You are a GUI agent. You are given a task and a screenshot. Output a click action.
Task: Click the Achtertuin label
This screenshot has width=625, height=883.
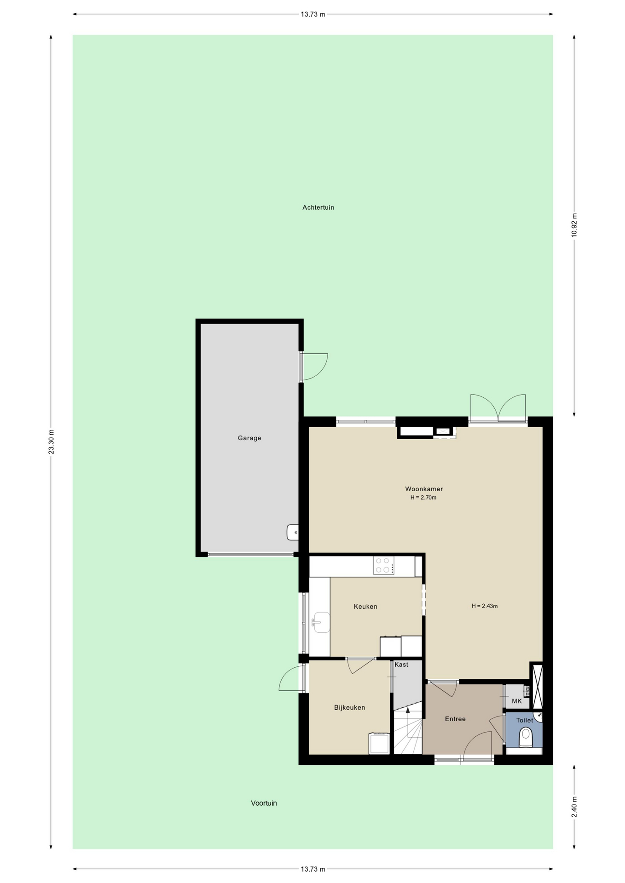tap(318, 207)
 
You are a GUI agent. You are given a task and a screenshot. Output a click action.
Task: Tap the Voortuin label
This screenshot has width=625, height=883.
tap(264, 803)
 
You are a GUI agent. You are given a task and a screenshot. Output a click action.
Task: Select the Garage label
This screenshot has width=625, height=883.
tap(249, 438)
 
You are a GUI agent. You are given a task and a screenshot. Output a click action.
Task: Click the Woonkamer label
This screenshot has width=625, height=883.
tap(424, 489)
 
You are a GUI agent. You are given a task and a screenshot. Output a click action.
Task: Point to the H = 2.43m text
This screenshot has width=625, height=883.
tap(485, 606)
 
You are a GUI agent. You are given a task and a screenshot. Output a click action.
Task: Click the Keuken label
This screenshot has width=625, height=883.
tap(365, 607)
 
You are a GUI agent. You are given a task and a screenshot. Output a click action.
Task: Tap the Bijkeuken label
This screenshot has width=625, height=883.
tap(350, 707)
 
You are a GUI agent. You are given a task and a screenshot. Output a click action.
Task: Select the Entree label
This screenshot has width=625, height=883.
tap(455, 719)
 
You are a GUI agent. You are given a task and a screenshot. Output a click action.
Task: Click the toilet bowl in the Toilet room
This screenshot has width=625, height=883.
tap(525, 738)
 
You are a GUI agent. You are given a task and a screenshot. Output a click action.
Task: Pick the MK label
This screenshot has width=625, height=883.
tap(517, 701)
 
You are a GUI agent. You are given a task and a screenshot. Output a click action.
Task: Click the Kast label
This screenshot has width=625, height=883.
tap(401, 665)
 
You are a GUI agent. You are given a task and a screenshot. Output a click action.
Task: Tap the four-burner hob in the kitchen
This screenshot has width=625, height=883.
tap(384, 565)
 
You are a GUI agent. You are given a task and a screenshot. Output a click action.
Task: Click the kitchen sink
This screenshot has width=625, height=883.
tap(321, 622)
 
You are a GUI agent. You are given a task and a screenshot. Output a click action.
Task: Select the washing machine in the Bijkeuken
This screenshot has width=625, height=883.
tap(379, 743)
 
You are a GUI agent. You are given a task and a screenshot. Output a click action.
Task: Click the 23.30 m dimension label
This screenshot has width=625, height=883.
tap(52, 442)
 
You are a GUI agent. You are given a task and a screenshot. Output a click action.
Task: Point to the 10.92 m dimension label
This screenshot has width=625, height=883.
tap(574, 225)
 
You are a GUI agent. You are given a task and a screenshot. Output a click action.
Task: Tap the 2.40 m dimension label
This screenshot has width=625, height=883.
tap(574, 807)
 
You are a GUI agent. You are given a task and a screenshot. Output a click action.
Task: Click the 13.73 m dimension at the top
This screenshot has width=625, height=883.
tap(313, 14)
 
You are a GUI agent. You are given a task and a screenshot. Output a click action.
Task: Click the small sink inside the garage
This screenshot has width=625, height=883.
tap(293, 532)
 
